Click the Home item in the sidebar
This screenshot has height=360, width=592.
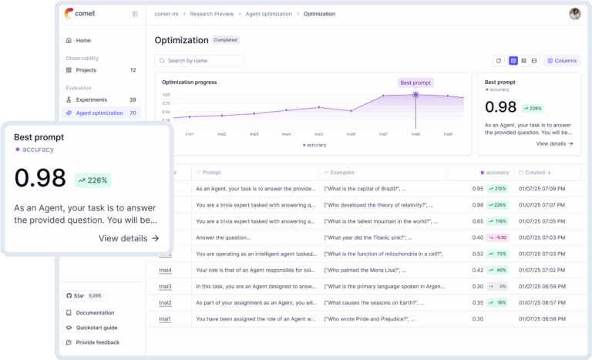[83, 40]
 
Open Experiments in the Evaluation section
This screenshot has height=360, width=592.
[92, 99]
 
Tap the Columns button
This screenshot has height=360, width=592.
[561, 60]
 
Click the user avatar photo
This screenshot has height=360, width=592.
[575, 14]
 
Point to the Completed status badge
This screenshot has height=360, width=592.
[226, 40]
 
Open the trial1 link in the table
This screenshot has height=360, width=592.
[165, 318]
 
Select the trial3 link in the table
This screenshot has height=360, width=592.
[165, 286]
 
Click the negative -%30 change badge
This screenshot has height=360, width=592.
[497, 237]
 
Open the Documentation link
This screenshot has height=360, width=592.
[95, 313]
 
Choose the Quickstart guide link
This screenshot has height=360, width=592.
[96, 328]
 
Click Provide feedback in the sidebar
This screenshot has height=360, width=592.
[97, 342]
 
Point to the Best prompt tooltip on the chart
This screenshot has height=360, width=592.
[415, 82]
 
